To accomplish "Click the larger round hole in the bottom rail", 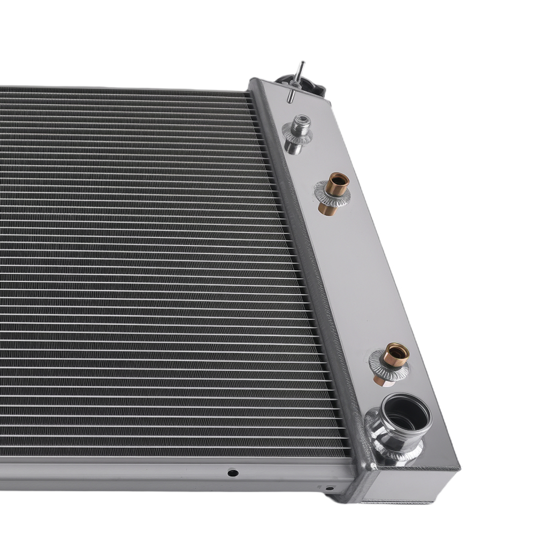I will point(232,472).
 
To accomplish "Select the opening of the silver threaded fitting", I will point(303,119).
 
